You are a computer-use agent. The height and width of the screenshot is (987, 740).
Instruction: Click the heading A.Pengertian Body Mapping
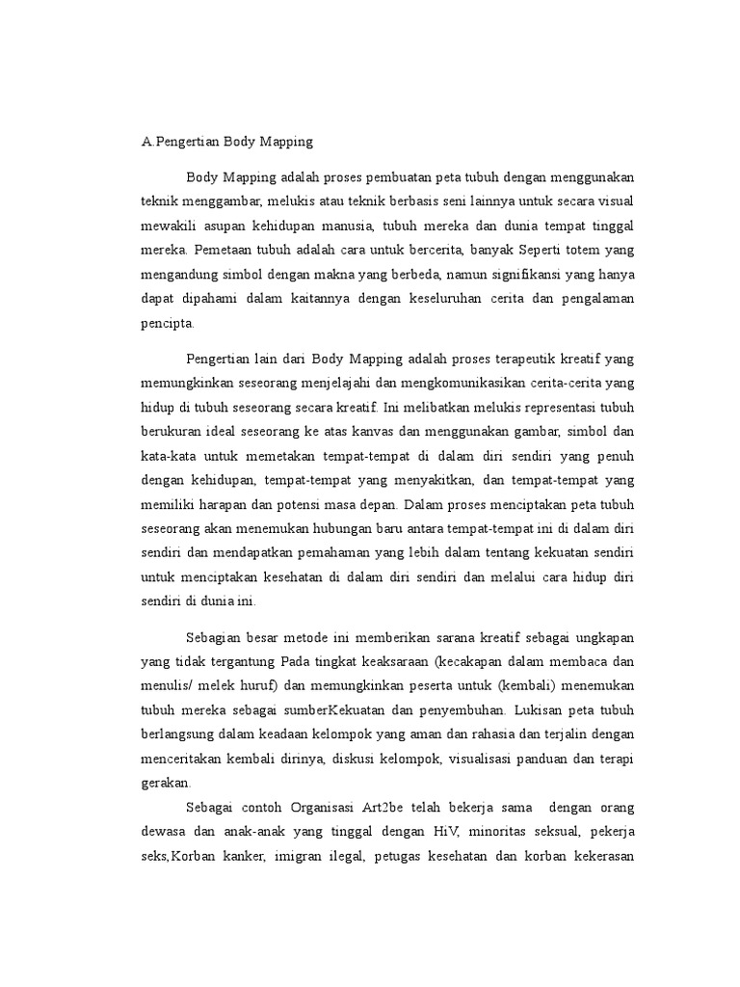click(x=227, y=142)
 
